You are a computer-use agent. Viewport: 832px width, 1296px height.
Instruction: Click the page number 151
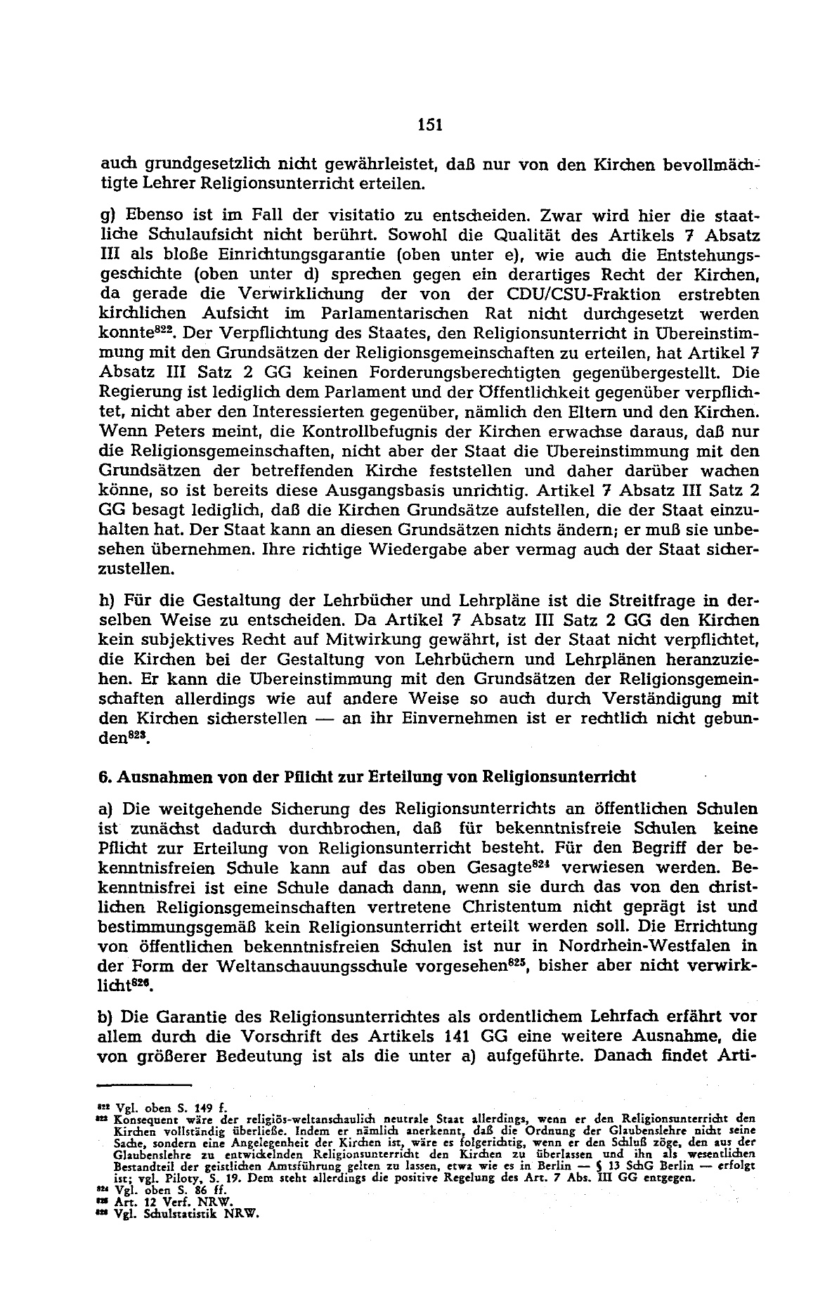pos(429,125)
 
